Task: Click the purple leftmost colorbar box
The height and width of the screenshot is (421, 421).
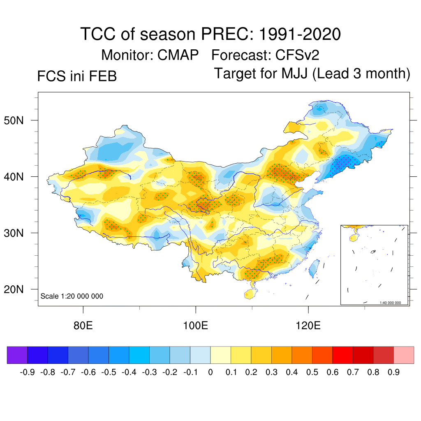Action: [x=17, y=355]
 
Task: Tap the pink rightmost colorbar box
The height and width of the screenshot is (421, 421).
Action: [x=404, y=355]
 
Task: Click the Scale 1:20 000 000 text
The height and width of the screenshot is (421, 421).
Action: [x=72, y=296]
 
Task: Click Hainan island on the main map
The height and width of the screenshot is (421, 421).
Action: [x=249, y=293]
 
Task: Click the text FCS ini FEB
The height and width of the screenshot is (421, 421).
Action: [x=77, y=76]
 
